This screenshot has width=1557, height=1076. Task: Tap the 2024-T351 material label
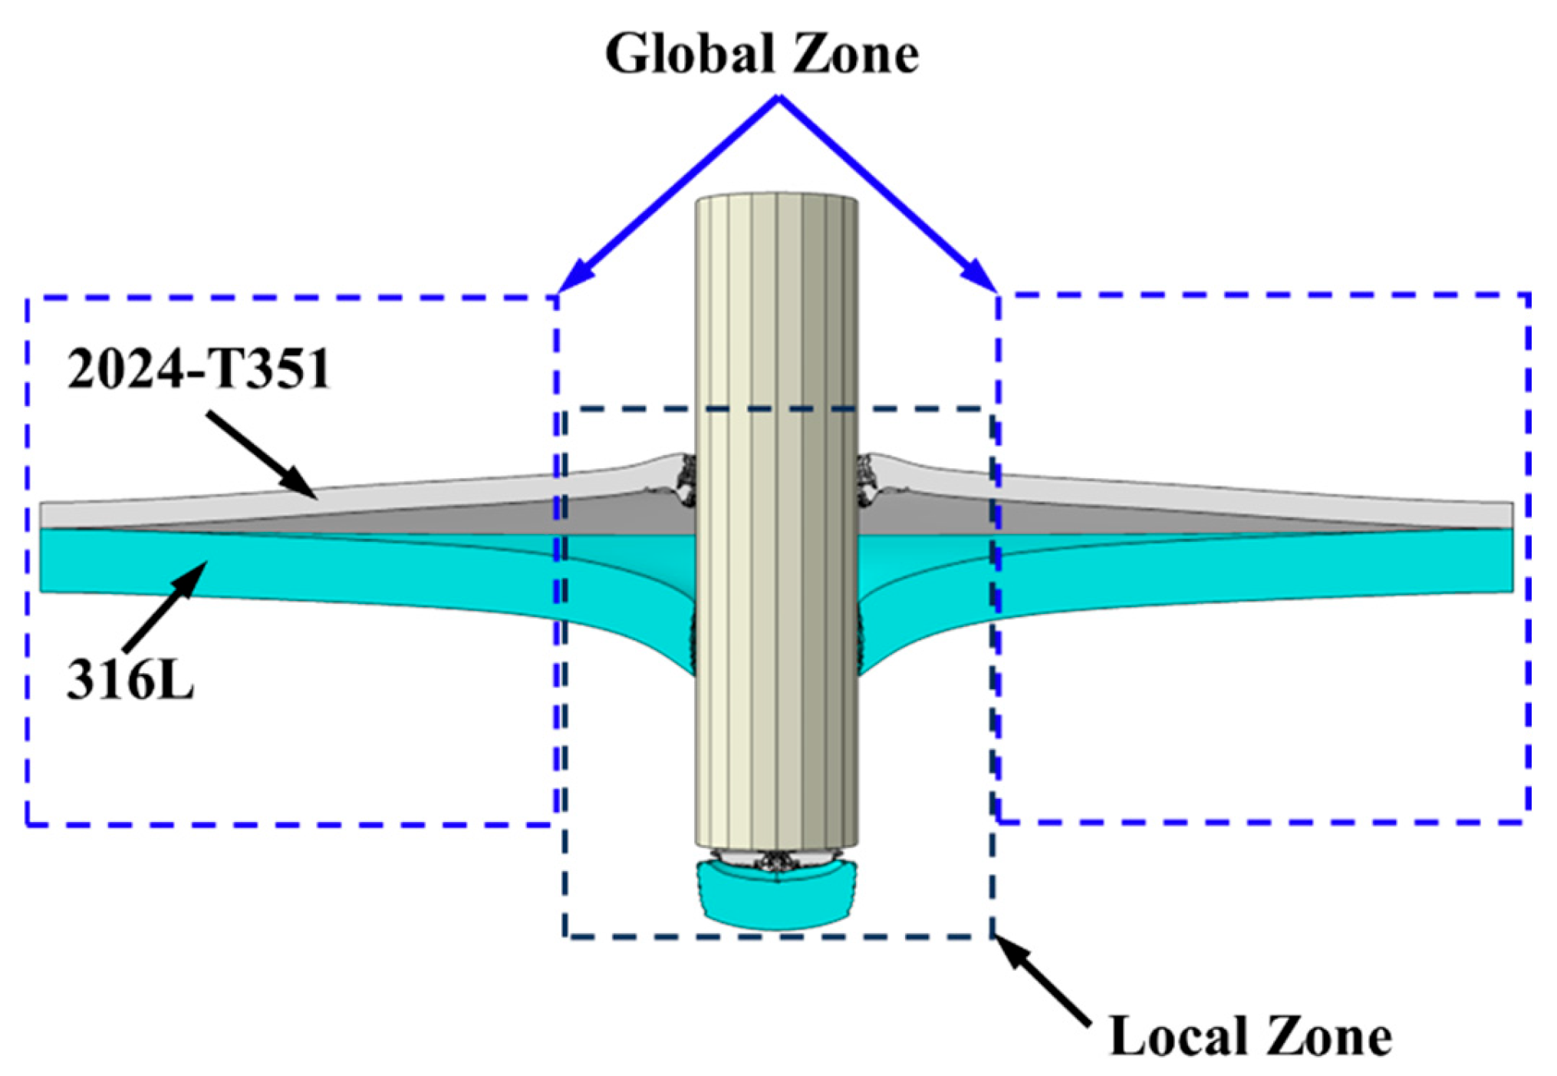199,369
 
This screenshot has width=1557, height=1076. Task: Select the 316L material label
130,679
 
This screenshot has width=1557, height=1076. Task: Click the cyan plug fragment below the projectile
776,895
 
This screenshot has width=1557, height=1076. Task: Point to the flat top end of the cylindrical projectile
776,197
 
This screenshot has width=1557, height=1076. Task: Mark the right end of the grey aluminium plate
1512,515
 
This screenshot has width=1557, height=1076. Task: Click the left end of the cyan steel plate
41,560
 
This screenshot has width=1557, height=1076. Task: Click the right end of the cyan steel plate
1512,560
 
